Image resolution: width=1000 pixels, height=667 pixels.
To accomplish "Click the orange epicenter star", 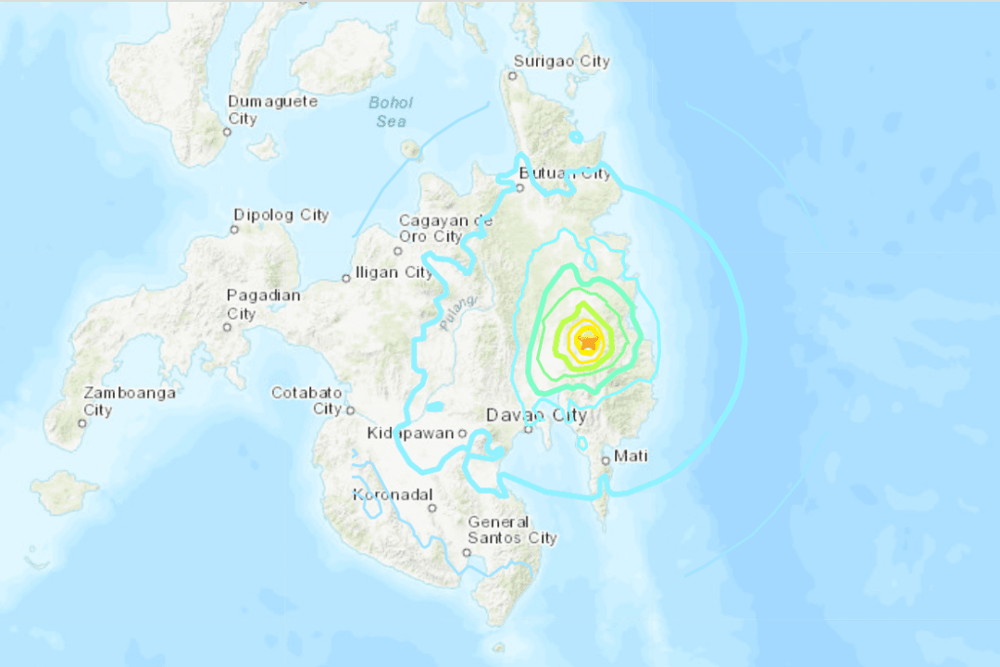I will [587, 343].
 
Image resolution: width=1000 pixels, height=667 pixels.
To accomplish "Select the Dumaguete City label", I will [273, 109].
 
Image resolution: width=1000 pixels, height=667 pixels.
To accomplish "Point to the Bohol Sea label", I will [391, 111].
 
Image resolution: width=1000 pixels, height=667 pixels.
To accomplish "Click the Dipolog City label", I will [281, 215].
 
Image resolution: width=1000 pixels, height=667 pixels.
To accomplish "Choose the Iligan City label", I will [394, 272].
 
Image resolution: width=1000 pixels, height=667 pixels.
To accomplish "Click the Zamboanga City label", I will [129, 401].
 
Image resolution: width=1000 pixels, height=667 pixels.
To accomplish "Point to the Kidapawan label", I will [411, 434].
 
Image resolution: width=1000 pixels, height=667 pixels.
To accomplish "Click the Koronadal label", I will [394, 496].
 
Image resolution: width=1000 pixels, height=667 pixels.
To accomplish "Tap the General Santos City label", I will [512, 530].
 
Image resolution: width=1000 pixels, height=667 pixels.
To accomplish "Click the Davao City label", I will [537, 415].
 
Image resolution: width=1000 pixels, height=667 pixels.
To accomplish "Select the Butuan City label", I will [566, 173].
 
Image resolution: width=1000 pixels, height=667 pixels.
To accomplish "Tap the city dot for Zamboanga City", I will [82, 423].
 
